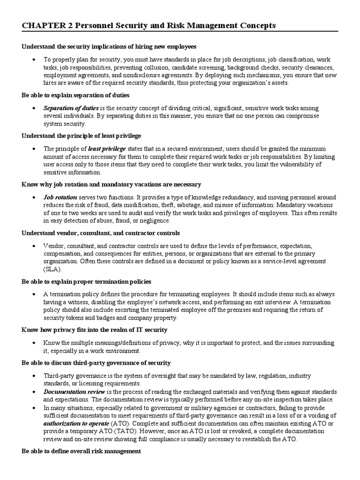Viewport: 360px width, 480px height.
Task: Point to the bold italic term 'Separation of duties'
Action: [71, 108]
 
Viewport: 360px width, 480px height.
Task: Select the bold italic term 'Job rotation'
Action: [60, 197]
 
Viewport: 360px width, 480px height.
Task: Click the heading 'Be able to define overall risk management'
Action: [81, 451]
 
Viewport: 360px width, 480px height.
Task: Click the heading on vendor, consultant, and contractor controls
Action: [101, 233]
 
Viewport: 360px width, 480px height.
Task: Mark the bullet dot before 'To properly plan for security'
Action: [35, 60]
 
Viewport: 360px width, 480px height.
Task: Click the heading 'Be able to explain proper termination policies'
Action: [86, 282]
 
